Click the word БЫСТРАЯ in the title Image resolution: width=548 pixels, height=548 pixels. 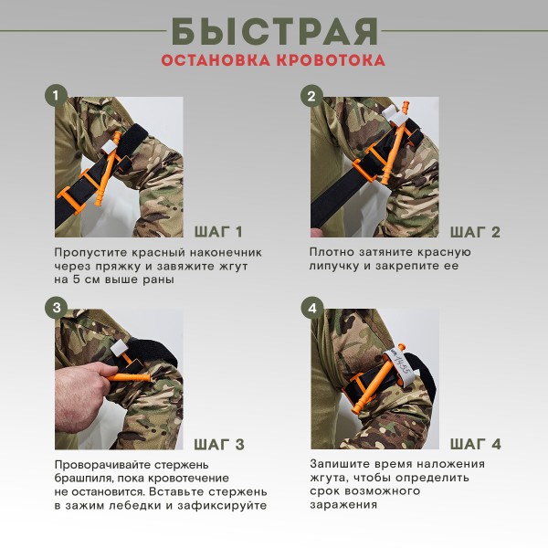274,31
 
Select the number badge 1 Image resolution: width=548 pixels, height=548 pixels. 57,95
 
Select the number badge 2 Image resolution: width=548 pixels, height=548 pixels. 312,95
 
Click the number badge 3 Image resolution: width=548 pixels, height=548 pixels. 57,308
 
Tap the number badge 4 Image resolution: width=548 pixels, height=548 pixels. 312,308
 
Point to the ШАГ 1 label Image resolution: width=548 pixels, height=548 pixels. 219,231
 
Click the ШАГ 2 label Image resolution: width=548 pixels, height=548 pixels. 475,231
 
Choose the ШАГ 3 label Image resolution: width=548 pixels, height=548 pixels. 219,445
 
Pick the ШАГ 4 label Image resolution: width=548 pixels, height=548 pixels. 475,445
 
